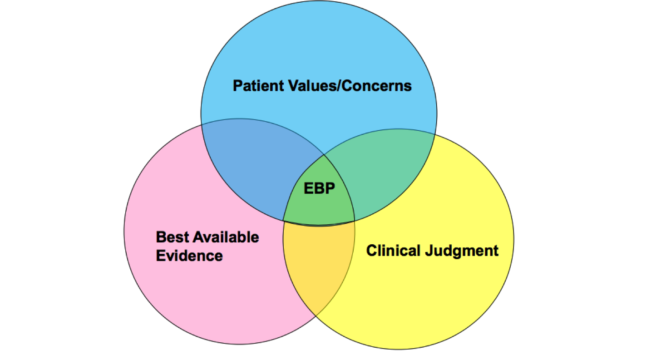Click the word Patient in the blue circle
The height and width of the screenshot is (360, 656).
click(x=256, y=85)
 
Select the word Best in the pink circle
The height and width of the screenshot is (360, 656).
click(x=171, y=237)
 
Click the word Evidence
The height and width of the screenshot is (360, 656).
click(x=189, y=256)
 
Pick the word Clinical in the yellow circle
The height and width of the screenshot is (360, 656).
click(x=392, y=250)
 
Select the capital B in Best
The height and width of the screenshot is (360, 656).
click(x=161, y=237)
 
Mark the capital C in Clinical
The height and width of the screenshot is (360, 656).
click(x=371, y=250)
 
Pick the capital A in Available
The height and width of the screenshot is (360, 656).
click(x=198, y=237)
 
